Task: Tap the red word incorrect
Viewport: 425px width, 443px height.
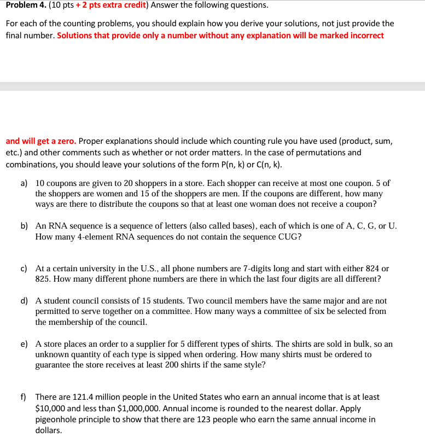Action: point(365,36)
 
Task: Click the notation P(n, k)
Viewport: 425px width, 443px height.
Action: point(242,165)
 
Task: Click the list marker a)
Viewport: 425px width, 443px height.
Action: point(25,184)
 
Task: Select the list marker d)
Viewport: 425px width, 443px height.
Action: point(25,301)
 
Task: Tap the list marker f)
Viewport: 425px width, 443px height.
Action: point(25,397)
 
